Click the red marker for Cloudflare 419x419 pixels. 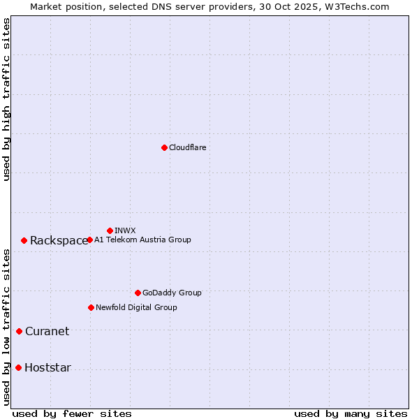pos(164,147)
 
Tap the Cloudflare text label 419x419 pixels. pos(187,147)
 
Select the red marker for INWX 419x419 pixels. pos(110,230)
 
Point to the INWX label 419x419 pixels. pos(125,230)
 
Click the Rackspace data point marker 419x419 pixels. pos(24,240)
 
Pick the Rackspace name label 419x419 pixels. pos(59,241)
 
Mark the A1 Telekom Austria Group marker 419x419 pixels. pos(89,240)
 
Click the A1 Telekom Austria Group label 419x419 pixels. pos(142,240)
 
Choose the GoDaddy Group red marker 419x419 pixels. pos(138,293)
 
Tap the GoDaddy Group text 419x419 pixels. pos(172,293)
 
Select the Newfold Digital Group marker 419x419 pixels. pos(91,307)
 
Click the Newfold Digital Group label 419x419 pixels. pos(136,307)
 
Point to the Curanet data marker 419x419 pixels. pos(19,331)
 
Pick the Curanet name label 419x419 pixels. pos(47,332)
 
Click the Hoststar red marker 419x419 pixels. pos(18,367)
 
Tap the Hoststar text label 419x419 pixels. pos(47,368)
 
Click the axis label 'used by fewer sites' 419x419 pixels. pos(72,413)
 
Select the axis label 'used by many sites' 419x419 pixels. pos(351,413)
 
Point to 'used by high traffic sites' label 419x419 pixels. pos(6,99)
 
